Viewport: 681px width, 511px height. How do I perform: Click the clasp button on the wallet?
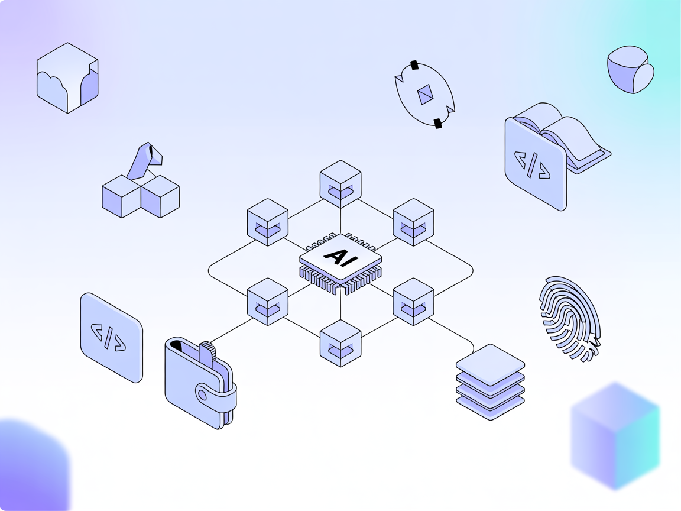(x=203, y=394)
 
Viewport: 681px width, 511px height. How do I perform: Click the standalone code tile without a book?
(x=112, y=337)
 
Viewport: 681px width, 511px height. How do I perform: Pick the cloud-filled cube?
(x=67, y=78)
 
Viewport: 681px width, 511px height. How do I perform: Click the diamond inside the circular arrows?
(x=426, y=95)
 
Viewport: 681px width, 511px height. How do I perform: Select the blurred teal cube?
(x=615, y=435)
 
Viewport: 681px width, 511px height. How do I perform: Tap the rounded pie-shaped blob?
(x=631, y=70)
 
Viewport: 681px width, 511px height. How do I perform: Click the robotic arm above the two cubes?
(x=144, y=160)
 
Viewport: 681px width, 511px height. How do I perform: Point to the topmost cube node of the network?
(x=340, y=184)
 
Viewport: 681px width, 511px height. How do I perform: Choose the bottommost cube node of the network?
(x=340, y=344)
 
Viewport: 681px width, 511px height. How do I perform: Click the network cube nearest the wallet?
(x=268, y=302)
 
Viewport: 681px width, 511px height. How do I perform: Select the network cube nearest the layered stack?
(x=413, y=302)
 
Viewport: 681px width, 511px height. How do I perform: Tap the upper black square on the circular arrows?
(x=414, y=65)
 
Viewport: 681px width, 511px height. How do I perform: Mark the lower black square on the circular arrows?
(x=437, y=123)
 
